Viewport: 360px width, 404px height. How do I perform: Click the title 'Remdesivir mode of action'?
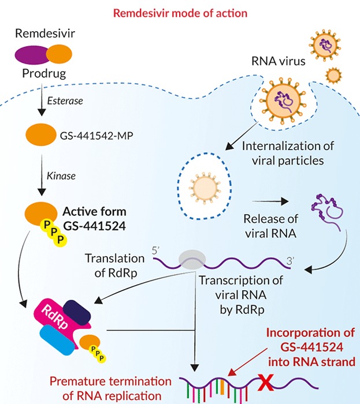point(180,13)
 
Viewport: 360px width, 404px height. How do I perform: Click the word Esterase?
point(65,101)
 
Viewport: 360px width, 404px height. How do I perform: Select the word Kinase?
point(61,176)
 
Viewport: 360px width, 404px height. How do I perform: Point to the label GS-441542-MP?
point(97,136)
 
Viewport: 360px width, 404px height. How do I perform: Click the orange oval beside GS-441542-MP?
point(41,134)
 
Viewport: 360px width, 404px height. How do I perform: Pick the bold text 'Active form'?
point(95,212)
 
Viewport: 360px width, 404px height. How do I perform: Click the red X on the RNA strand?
point(266,383)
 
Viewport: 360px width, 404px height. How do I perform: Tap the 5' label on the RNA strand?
point(156,250)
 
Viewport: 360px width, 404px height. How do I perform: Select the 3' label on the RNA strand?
point(291,261)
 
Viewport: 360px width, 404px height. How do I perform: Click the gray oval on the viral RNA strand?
point(192,260)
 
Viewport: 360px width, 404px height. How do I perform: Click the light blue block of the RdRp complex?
point(57,339)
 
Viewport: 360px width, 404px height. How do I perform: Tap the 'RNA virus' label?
point(279,61)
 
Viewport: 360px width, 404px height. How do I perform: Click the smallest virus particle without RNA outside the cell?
point(333,76)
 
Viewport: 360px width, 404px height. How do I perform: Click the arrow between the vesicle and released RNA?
point(270,201)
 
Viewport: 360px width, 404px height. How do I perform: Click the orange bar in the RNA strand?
point(222,387)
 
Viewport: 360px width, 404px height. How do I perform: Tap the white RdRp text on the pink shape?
point(55,317)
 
